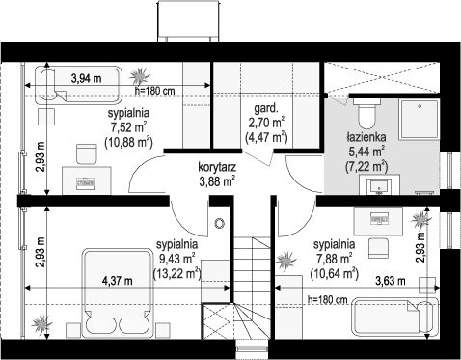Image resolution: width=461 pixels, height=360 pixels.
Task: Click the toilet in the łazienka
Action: (366, 113)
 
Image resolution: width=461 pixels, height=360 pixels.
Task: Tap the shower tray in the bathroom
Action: (420, 120)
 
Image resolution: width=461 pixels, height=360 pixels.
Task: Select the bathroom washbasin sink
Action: (379, 185)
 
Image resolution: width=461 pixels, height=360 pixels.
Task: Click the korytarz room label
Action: (217, 167)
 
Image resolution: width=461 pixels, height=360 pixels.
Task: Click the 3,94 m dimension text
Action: (87, 78)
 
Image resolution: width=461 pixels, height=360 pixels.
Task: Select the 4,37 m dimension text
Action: (117, 281)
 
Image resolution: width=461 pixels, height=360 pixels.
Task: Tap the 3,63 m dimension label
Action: (391, 281)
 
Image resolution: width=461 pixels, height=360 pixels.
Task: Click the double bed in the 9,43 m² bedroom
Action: (118, 293)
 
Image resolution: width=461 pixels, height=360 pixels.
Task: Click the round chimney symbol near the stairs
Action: (220, 223)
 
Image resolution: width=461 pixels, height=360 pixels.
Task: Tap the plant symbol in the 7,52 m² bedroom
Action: (140, 76)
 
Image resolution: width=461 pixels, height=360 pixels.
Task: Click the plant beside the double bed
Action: (41, 323)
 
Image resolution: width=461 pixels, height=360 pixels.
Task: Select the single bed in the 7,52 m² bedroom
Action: (78, 85)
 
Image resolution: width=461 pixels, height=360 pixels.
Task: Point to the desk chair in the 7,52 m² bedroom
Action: (87, 153)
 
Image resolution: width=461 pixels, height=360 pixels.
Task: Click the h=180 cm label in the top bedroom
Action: (154, 91)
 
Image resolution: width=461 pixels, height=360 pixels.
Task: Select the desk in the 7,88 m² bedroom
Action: (378, 221)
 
